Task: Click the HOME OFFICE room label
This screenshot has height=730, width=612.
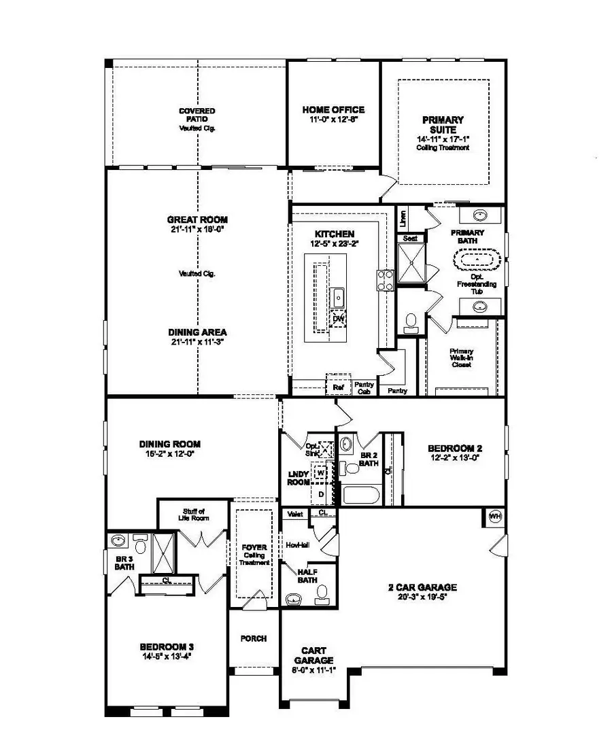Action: [x=333, y=109]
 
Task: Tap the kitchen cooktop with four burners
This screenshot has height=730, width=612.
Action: [x=386, y=280]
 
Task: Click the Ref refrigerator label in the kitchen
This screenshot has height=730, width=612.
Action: [x=338, y=387]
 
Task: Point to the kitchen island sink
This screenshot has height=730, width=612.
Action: [x=338, y=297]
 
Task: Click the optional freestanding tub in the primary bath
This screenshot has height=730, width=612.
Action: [x=480, y=260]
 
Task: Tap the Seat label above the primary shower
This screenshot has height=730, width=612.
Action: [x=409, y=239]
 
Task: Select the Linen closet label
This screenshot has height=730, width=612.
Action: [x=403, y=218]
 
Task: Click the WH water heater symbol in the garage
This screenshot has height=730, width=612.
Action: [x=495, y=517]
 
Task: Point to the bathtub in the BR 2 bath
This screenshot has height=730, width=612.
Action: [x=361, y=494]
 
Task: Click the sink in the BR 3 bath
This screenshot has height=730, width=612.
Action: [x=118, y=542]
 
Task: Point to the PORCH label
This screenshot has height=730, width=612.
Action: [x=254, y=639]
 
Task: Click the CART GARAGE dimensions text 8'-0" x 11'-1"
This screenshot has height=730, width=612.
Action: [x=314, y=670]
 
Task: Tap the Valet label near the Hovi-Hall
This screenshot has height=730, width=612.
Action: [x=294, y=514]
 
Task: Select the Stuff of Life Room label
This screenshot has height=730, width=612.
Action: [x=194, y=514]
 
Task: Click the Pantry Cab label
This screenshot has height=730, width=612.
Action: [x=364, y=387]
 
